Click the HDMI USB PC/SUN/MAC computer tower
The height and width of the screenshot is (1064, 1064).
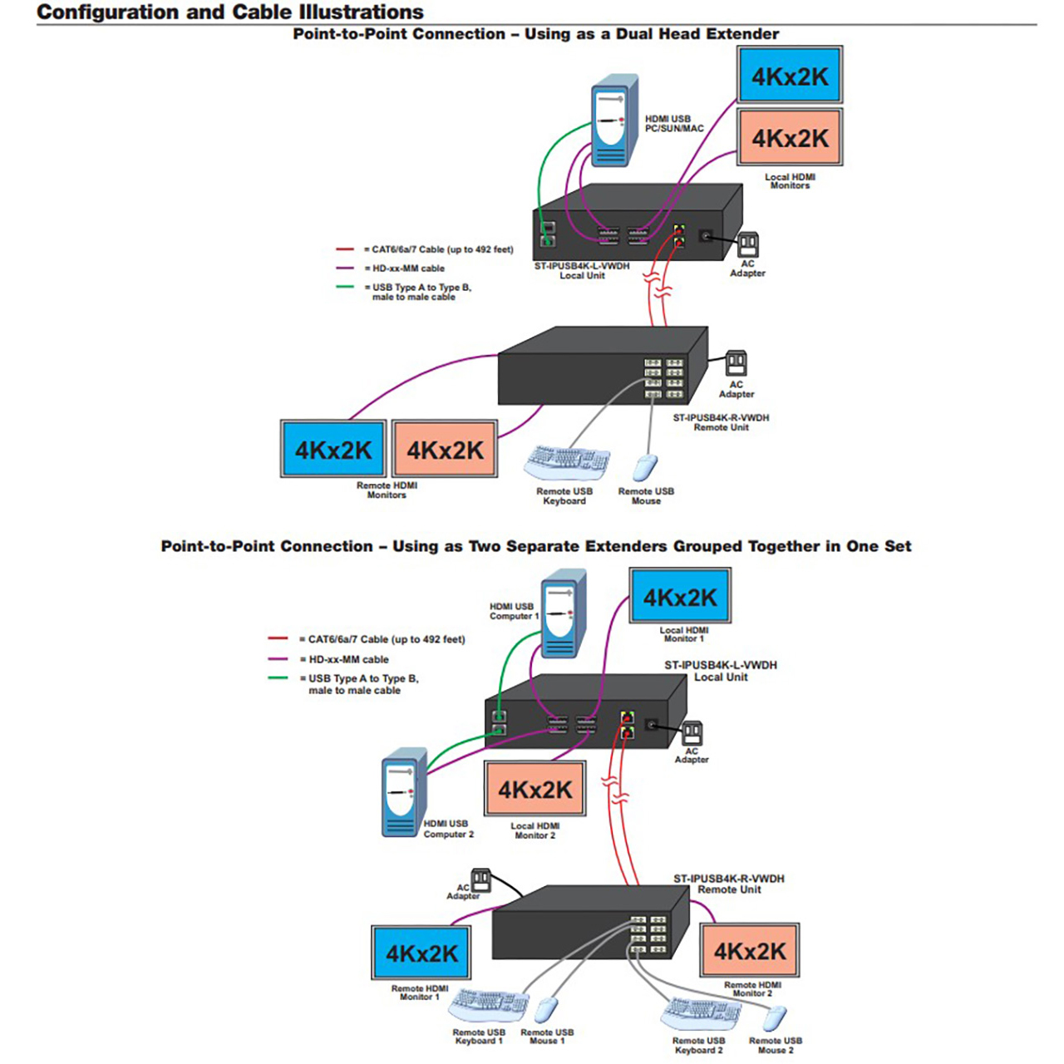[x=614, y=121]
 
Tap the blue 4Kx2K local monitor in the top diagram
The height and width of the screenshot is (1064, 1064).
[x=790, y=75]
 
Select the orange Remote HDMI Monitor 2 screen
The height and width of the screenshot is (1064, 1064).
[x=749, y=950]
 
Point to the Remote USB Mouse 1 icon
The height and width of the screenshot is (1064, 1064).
[x=547, y=1012]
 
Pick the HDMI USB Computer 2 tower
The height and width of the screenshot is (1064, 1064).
[x=405, y=792]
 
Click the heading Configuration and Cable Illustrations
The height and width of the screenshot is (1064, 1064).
[x=230, y=12]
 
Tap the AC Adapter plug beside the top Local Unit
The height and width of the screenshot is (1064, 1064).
[x=748, y=244]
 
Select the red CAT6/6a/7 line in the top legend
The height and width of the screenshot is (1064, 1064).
[x=345, y=249]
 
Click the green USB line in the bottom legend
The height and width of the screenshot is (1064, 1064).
[x=278, y=677]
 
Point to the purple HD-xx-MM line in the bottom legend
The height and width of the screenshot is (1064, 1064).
[x=278, y=658]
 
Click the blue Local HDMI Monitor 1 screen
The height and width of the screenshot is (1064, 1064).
[x=680, y=596]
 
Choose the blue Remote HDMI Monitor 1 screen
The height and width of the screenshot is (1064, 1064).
[x=421, y=953]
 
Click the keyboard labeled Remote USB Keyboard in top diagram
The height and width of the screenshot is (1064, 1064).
[x=567, y=463]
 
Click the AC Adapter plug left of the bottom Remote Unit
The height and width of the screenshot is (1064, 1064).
[x=480, y=880]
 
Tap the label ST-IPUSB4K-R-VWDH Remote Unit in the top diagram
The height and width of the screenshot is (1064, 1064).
[x=721, y=422]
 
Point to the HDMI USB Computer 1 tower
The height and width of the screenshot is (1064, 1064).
[x=564, y=613]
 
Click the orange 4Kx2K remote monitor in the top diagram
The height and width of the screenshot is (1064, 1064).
[x=445, y=449]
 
